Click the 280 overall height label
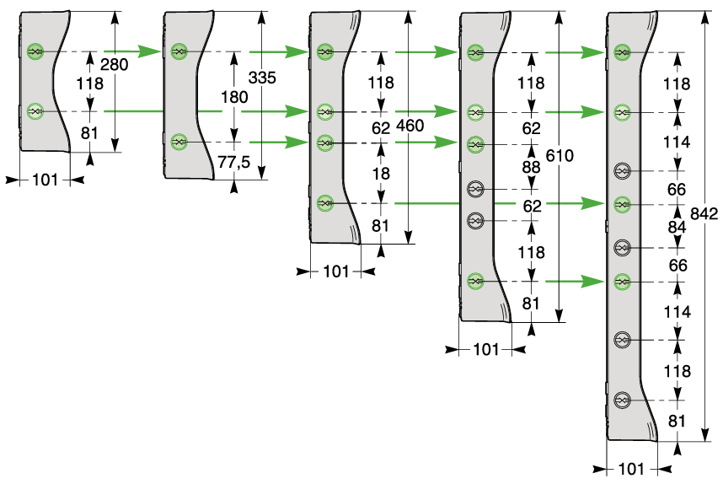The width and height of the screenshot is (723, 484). coord(114,65)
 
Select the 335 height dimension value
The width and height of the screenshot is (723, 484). coord(262,78)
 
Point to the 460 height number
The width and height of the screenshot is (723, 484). coord(410,126)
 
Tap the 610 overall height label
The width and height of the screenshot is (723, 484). coord(560,156)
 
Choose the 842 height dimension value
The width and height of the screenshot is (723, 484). coord(704,213)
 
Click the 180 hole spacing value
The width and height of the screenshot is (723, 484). coord(234,97)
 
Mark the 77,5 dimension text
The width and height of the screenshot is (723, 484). coord(233,162)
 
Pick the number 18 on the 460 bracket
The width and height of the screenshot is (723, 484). coord(381,174)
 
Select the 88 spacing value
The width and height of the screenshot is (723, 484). coord(531,167)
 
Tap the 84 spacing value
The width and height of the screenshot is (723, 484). coord(677,227)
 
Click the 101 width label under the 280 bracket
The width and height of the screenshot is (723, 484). coord(46,180)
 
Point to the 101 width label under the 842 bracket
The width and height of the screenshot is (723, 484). coord(631,469)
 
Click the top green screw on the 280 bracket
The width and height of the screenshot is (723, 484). coord(35,51)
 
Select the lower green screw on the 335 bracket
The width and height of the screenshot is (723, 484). coord(179,142)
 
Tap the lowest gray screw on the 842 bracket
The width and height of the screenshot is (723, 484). coord(622,400)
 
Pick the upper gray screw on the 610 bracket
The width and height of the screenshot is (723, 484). coord(475,189)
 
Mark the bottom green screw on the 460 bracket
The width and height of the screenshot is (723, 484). coord(325,202)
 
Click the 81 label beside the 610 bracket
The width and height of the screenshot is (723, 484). coord(531,304)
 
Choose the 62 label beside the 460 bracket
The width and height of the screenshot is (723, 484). coord(381,128)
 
